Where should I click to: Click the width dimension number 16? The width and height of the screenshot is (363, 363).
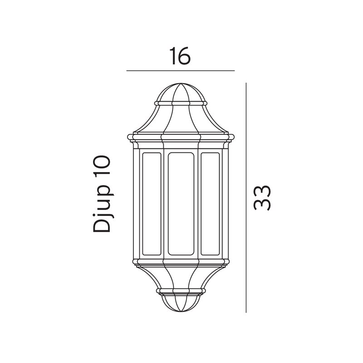pyautogui.click(x=180, y=56)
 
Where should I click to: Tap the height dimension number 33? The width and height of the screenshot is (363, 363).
pyautogui.click(x=262, y=198)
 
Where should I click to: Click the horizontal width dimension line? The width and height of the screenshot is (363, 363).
pyautogui.click(x=181, y=71)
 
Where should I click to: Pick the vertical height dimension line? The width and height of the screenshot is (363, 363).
pyautogui.click(x=246, y=198)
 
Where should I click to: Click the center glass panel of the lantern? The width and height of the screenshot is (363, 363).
pyautogui.click(x=181, y=204)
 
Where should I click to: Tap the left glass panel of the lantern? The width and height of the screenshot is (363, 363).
pyautogui.click(x=152, y=204)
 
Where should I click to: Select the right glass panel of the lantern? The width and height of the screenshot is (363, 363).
pyautogui.click(x=210, y=204)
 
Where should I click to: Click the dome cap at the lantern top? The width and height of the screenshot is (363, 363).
pyautogui.click(x=181, y=93)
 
